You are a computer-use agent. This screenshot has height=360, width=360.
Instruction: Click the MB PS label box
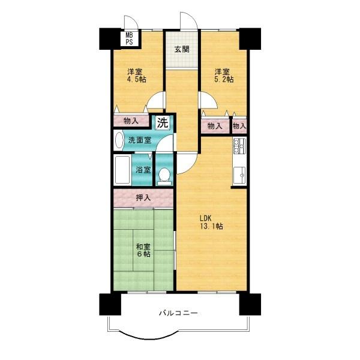[x=129, y=38]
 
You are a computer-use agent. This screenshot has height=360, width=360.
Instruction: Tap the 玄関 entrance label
[x=182, y=49]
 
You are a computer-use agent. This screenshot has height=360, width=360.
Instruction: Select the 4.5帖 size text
[x=137, y=79]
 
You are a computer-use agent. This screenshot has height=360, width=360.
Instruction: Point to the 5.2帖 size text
[x=224, y=79]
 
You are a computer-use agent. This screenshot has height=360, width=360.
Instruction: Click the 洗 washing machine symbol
[x=163, y=123]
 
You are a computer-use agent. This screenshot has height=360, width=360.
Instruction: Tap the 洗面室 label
[x=140, y=140]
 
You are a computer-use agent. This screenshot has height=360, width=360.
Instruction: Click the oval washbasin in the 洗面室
[x=119, y=140]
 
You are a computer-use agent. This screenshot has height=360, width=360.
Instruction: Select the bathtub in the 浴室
[x=122, y=170]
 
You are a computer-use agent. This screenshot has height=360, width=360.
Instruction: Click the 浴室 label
[x=143, y=170]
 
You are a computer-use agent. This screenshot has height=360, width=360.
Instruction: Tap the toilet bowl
[x=164, y=176]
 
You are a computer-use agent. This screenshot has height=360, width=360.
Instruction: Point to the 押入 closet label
[x=143, y=197]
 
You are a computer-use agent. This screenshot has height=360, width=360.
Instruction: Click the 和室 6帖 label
[x=143, y=250]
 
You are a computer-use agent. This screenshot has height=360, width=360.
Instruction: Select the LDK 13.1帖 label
[x=211, y=222]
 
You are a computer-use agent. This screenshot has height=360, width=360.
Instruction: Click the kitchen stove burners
[x=239, y=146]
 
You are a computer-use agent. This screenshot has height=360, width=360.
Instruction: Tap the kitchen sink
[x=239, y=175]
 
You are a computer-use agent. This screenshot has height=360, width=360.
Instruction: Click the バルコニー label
[x=178, y=313]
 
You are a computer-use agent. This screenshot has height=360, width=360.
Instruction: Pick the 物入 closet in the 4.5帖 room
[x=131, y=121]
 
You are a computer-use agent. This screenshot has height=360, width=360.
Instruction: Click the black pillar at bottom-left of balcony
[x=110, y=304]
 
